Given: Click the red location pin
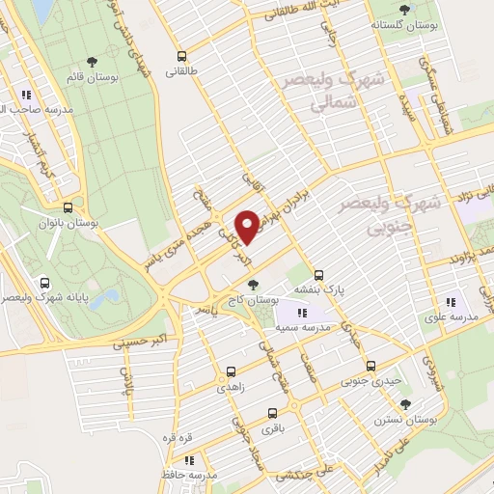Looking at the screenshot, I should click(248, 227).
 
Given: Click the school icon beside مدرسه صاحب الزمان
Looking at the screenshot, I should click(27, 96).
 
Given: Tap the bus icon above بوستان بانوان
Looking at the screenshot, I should click(67, 206).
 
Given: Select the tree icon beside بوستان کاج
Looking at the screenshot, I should click(253, 284).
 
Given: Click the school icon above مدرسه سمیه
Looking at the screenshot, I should click(302, 312).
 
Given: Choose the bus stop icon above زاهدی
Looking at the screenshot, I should click(231, 370).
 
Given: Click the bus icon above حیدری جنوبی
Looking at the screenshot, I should click(372, 366).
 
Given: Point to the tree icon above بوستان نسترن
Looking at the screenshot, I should click(406, 404).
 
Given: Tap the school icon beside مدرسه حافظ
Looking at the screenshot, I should click(189, 461).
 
